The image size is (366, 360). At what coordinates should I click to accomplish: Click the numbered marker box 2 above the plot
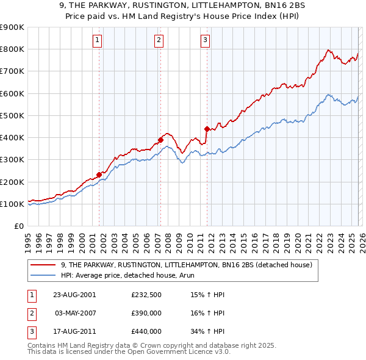click(159, 41)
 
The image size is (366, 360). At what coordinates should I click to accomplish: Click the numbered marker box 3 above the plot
click(205, 41)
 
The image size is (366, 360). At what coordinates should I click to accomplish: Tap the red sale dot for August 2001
click(99, 175)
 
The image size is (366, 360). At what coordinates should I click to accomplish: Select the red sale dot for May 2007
click(160, 140)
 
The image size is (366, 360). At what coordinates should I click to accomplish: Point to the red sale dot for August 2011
click(207, 129)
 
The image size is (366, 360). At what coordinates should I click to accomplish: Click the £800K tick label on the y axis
click(12, 49)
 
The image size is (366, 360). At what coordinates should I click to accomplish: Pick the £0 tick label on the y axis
click(18, 226)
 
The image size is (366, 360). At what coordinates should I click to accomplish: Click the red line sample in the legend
click(44, 265)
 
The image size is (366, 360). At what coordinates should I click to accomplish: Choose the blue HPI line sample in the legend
click(44, 275)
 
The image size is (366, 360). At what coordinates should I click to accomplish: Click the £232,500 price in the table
click(146, 295)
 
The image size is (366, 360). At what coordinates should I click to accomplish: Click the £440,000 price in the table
click(146, 331)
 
